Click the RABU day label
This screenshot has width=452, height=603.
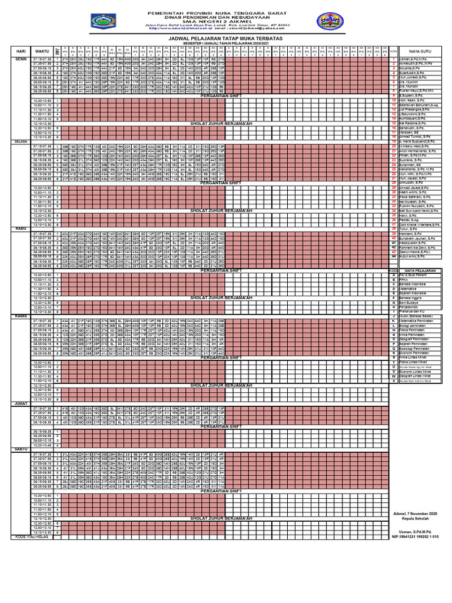point(21,229)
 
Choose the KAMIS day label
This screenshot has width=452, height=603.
point(21,316)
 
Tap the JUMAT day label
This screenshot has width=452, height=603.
point(21,403)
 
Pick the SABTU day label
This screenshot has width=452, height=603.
point(21,449)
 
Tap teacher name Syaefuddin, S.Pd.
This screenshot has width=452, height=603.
point(414,73)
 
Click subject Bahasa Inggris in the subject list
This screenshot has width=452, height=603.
point(414,297)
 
